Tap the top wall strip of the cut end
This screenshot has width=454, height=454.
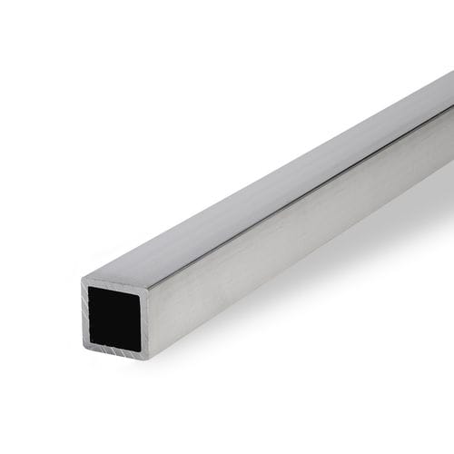[115, 285]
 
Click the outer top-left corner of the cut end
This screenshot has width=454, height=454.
[83, 279]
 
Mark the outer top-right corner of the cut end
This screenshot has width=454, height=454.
[151, 290]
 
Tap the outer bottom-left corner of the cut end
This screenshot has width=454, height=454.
[84, 346]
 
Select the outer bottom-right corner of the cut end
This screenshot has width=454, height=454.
[148, 360]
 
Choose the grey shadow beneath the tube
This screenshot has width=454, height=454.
[363, 272]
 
